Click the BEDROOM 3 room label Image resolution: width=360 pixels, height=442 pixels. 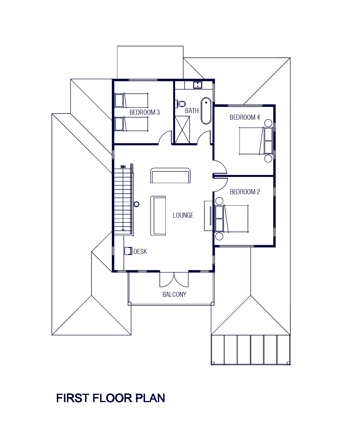coord(144,113)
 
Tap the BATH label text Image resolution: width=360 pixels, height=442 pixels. coord(192,111)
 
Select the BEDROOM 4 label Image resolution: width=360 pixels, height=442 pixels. coord(245,117)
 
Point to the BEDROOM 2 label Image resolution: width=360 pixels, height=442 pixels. coord(245,192)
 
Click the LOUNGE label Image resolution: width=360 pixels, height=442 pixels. coord(182,215)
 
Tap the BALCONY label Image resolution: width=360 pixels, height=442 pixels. coord(174,294)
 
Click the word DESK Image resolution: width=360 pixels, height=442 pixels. coord(140,251)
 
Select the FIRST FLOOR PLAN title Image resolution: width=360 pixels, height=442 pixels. coord(111,398)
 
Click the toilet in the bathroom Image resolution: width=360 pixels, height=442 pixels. coord(181,104)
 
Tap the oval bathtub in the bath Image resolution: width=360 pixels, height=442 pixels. coord(206,110)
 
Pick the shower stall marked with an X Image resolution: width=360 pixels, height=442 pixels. coord(182,130)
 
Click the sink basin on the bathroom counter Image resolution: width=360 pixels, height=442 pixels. coord(198,85)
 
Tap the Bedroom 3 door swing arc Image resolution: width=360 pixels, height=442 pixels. coord(165,138)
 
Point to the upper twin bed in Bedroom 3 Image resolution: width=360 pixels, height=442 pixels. coord(132,100)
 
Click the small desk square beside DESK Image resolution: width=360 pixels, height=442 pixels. coord(128,251)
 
